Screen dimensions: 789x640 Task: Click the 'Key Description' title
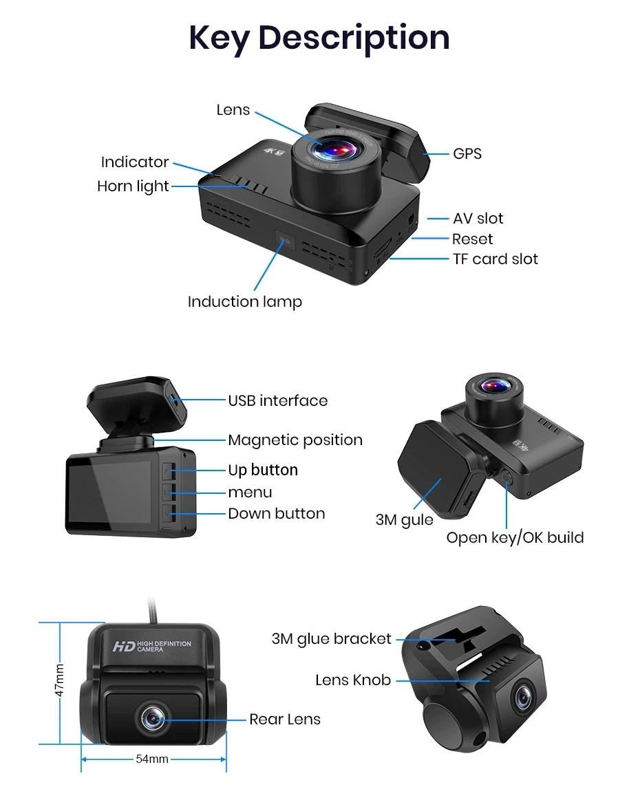coord(319,37)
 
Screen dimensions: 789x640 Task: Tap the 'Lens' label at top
coord(233,110)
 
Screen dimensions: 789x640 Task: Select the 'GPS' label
coord(467,153)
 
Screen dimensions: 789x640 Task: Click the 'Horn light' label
coord(133,186)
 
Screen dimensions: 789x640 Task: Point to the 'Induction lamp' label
coord(244,301)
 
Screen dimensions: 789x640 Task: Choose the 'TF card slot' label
coord(495,259)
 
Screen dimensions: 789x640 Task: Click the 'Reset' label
coord(473,239)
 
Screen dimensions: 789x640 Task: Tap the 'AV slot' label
coord(478,219)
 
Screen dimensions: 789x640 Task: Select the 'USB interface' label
coord(278,400)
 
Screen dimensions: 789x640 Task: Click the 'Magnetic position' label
coord(295,440)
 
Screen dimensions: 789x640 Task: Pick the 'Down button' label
coord(277,514)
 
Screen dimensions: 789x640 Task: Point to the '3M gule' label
coord(405,520)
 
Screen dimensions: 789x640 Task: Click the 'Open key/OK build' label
coord(515,538)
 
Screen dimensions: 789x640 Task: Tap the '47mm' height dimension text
coord(60,680)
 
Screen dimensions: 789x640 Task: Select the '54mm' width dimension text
coord(152,759)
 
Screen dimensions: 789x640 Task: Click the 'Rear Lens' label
coord(285,720)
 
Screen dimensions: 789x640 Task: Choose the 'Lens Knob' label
coord(353,680)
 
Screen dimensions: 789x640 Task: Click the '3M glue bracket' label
coord(332,639)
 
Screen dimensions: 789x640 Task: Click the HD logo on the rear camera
coord(124,646)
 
